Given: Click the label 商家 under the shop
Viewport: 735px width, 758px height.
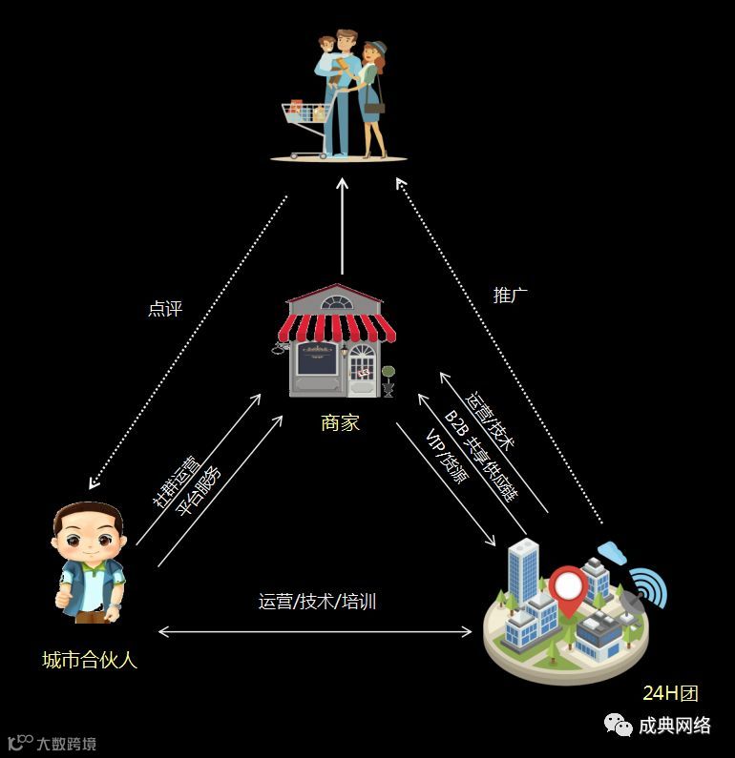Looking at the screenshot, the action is coord(340,422).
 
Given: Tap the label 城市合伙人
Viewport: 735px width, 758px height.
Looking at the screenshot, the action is coord(90,659).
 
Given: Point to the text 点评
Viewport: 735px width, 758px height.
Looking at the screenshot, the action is coord(164,309).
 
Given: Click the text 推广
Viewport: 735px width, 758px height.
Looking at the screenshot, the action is coord(510,295).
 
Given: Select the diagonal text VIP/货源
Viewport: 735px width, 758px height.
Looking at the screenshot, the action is coord(446,459).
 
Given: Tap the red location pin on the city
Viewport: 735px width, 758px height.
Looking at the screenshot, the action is coord(566,588).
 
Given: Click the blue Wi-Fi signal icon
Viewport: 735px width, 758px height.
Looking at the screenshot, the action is coord(649,587).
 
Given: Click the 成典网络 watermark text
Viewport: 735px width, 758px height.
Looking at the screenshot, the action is coord(674,726).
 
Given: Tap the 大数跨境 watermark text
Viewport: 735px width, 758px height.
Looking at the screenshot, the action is coord(66,744).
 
